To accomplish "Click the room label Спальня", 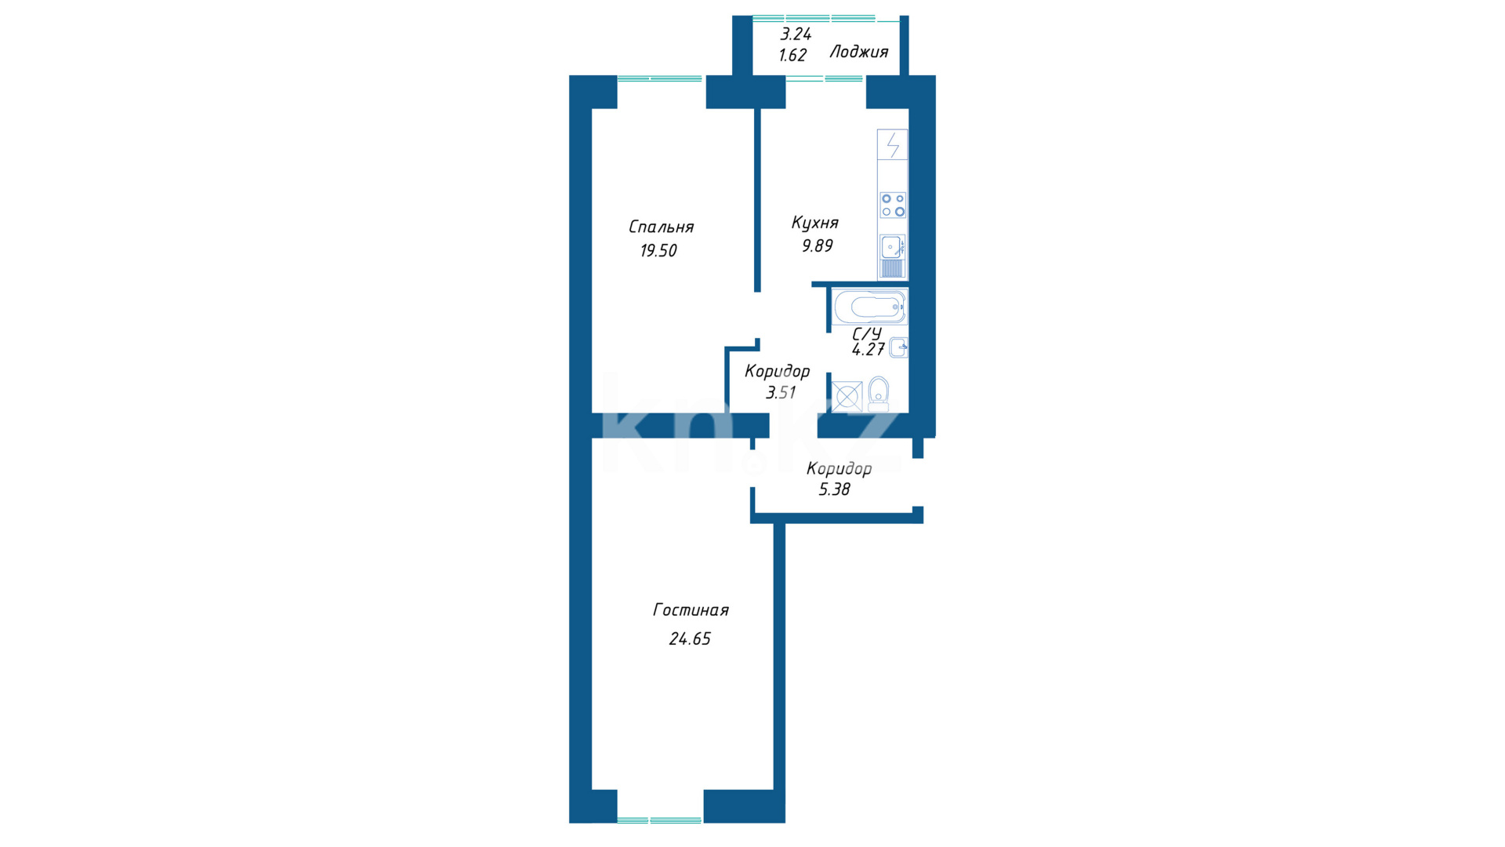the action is coord(661,227).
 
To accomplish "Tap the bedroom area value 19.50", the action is coord(658,251).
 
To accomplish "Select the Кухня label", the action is coord(815,224).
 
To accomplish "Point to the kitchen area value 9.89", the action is coord(817,246).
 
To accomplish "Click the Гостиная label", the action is coord(691,610).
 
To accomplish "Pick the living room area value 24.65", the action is coord(690,639).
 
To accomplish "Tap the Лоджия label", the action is coord(859,53).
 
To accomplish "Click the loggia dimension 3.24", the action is coord(796,35).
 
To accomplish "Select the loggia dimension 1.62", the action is coord(792,56).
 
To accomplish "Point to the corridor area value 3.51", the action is coord(781,393).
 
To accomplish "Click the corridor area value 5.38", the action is coord(835,490).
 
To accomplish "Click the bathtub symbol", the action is coord(869,307).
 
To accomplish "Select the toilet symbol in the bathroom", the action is coord(879,394).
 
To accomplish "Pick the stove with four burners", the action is coord(893,205).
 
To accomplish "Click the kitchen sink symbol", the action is coord(892,256).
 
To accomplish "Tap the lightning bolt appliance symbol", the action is coord(893,145).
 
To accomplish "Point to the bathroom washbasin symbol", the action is coord(899,347).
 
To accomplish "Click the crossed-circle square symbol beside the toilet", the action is coord(847,397).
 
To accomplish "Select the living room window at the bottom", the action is coord(660,820).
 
